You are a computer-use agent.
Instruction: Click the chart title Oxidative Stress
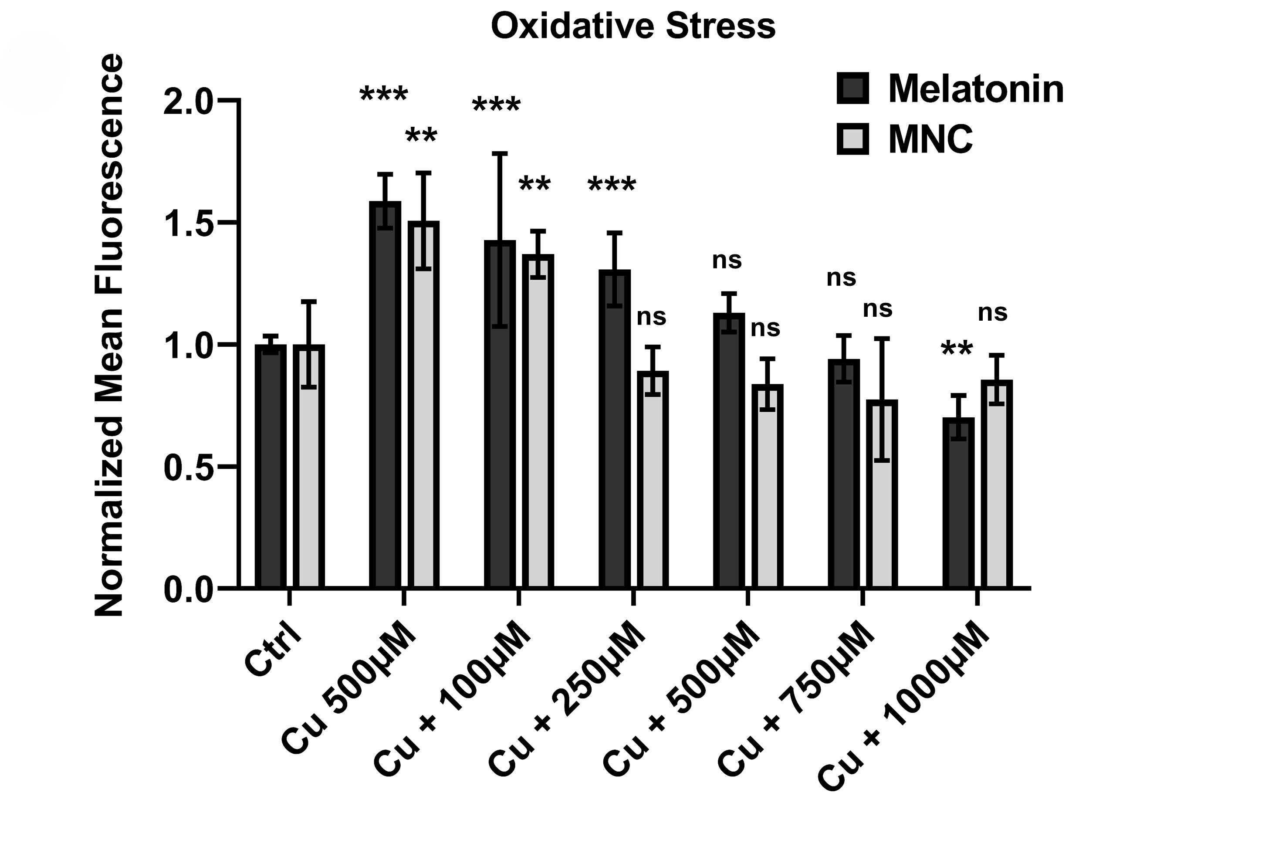click(633, 26)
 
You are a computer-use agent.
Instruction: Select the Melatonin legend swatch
click(852, 88)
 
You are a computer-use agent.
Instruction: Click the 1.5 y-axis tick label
click(187, 223)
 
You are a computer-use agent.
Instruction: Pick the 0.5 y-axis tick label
click(187, 467)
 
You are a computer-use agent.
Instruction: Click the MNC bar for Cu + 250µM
click(653, 479)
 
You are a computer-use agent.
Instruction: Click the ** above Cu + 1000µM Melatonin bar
click(957, 349)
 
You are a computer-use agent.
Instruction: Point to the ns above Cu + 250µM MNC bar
click(652, 317)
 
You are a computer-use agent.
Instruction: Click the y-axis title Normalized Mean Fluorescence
click(109, 335)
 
